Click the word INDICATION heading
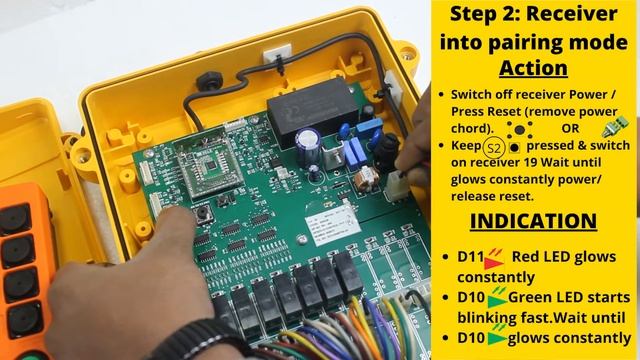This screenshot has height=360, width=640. [x=533, y=221]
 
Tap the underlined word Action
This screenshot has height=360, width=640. [x=533, y=68]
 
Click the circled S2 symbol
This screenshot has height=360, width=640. [x=493, y=147]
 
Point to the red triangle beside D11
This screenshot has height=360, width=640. [x=493, y=262]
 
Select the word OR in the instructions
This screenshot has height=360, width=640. [x=570, y=129]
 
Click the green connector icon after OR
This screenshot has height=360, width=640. [x=615, y=127]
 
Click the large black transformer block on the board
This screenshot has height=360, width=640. [x=313, y=110]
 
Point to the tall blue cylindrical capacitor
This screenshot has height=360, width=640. [x=308, y=147]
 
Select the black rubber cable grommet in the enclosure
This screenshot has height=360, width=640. [x=209, y=82]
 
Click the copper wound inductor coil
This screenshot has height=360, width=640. [x=366, y=179]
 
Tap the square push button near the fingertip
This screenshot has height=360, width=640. [x=202, y=214]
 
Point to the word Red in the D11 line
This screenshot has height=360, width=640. [x=524, y=257]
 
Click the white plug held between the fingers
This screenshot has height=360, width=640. [x=396, y=186]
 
